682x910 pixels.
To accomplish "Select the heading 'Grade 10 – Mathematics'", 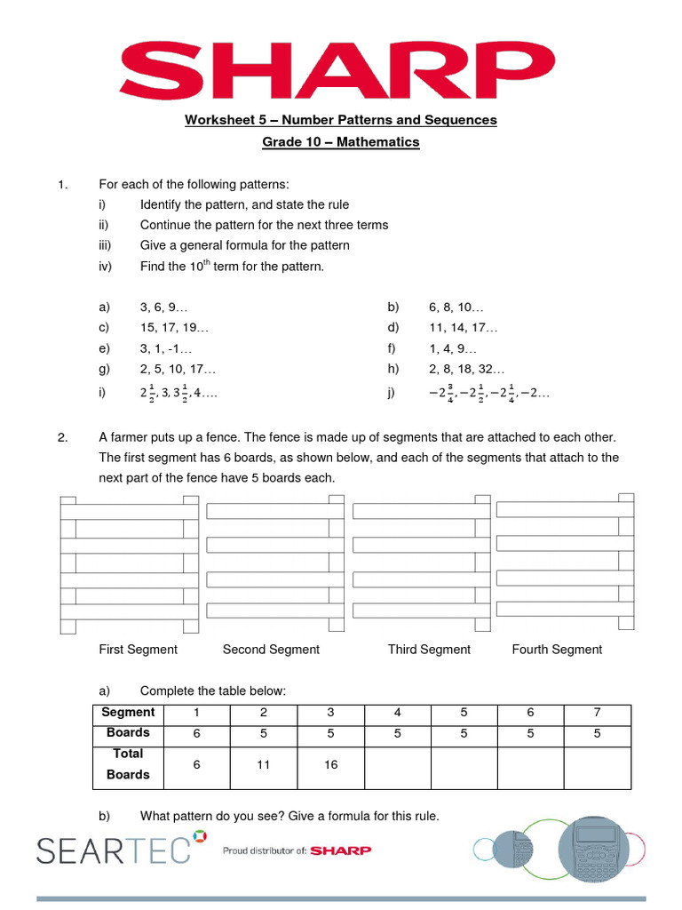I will (341, 142).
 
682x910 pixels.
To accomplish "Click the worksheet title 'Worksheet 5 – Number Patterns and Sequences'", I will (341, 120).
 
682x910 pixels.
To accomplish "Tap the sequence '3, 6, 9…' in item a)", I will (163, 307).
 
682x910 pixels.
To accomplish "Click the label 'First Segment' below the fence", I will (138, 650).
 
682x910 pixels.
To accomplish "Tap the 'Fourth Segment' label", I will (557, 650).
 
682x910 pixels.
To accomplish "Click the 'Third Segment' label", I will (429, 650).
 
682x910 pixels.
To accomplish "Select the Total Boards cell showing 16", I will (330, 764).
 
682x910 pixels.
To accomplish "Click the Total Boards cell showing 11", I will (264, 764).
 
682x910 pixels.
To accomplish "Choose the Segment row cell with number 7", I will (597, 713).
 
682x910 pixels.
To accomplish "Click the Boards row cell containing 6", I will (197, 734).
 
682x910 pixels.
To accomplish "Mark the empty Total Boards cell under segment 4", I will (397, 766).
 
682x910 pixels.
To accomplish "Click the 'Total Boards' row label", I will (128, 764).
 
